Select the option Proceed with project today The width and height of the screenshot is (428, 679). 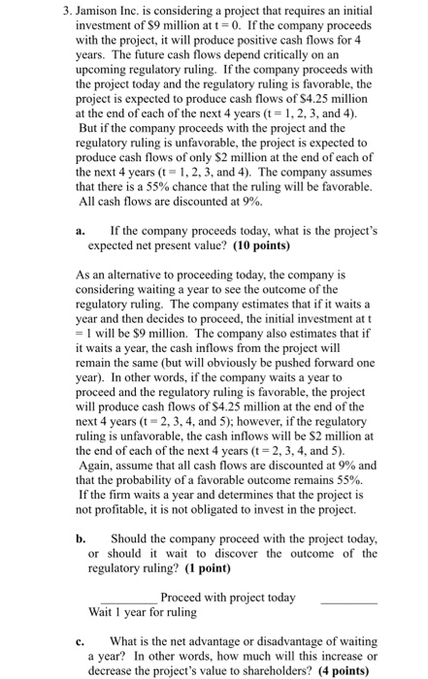click(x=227, y=598)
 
